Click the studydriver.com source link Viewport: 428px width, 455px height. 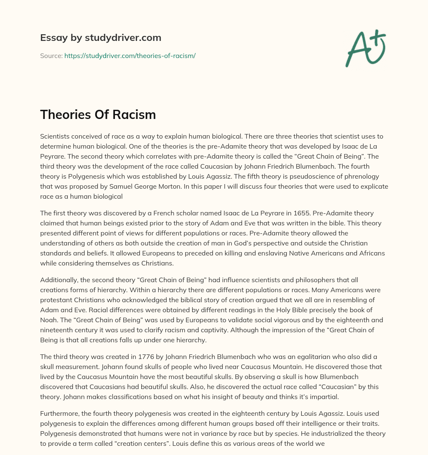coord(130,56)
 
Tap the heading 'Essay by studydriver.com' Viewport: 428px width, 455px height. coord(100,38)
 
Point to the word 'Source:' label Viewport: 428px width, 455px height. coord(51,56)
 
